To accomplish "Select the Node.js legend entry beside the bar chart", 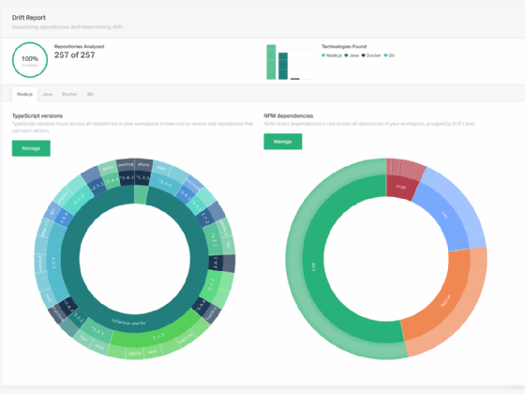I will pos(333,55).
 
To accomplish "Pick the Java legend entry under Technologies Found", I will pos(352,55).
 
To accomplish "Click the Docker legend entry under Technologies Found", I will pos(372,55).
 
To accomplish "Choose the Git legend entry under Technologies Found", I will pos(390,55).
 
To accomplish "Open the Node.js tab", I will pos(24,94).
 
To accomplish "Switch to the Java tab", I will pos(48,94).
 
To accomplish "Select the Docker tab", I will pos(69,94).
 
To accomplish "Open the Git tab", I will pos(90,94).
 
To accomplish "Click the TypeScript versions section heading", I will pos(45,116).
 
